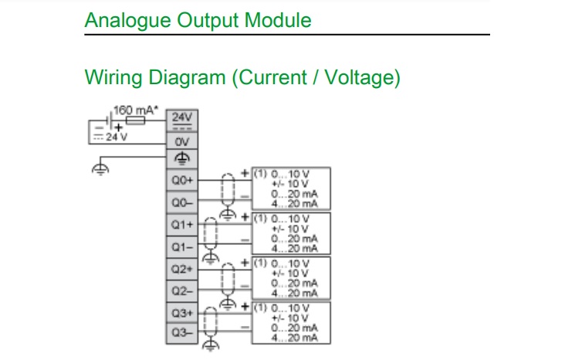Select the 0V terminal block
point(181,141)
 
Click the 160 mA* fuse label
point(135,110)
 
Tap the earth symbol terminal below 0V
point(181,158)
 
